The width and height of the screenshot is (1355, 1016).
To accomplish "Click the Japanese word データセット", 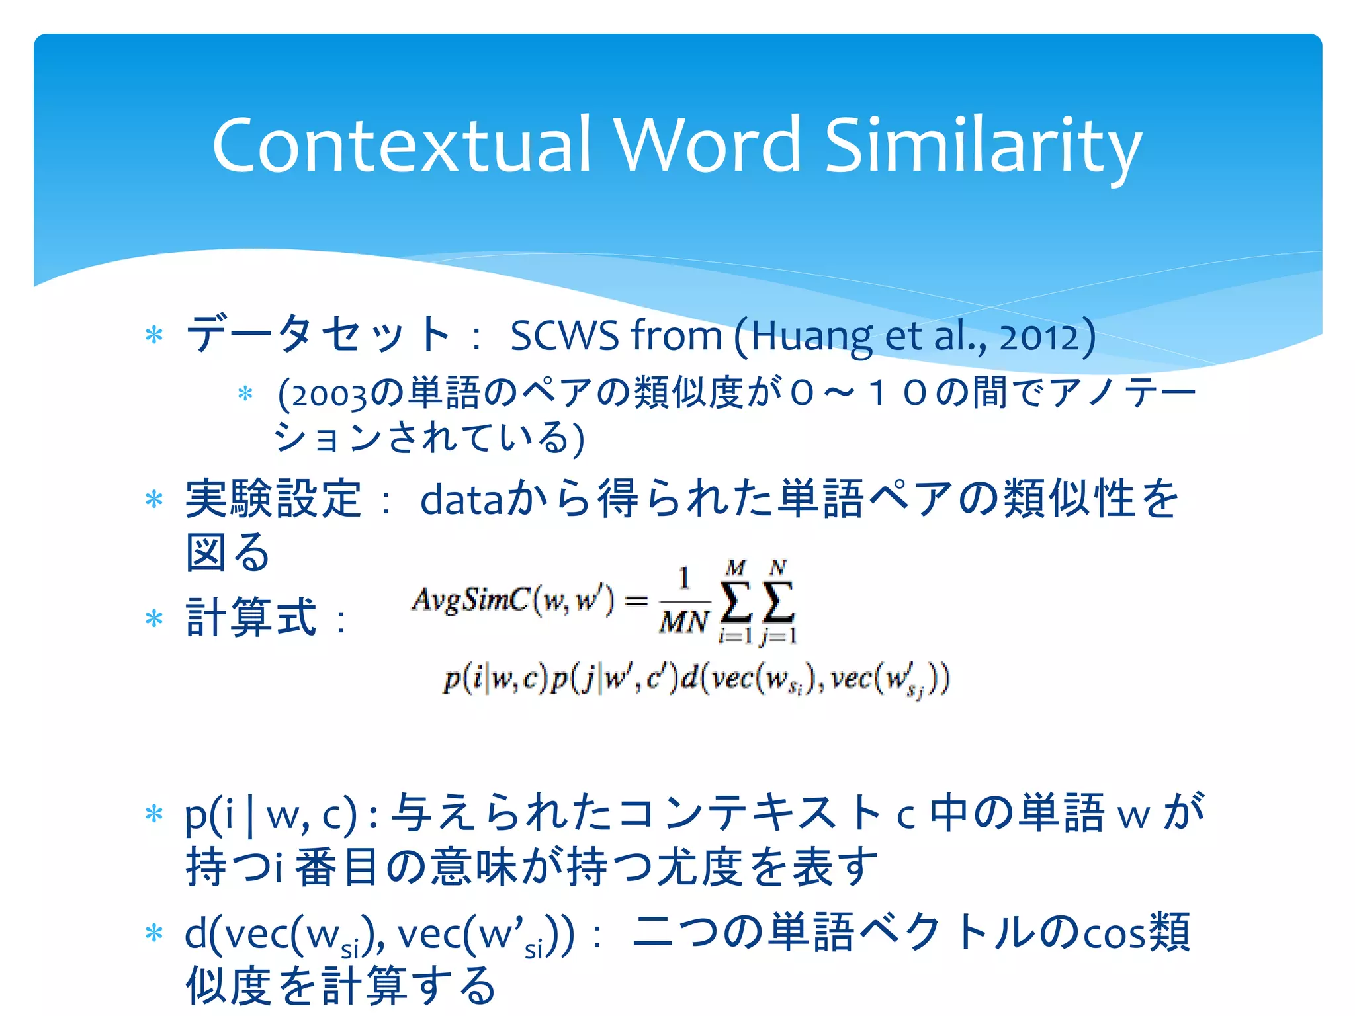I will tap(319, 334).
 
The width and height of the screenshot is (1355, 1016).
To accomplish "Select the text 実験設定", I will tap(273, 499).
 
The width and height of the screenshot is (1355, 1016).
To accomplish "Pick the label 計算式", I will tap(251, 618).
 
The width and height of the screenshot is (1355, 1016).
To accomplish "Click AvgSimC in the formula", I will tap(470, 600).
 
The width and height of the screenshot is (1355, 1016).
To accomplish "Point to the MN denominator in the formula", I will tap(684, 622).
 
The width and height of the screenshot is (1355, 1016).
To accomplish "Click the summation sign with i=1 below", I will tap(735, 602).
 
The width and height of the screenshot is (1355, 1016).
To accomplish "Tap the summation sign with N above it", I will tap(778, 602).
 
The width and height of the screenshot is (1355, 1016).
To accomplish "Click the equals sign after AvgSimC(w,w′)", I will tap(636, 601).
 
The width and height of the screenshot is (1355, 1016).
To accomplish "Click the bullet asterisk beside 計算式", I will tap(154, 619).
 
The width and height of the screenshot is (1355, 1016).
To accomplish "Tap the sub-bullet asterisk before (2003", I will tap(245, 394).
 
